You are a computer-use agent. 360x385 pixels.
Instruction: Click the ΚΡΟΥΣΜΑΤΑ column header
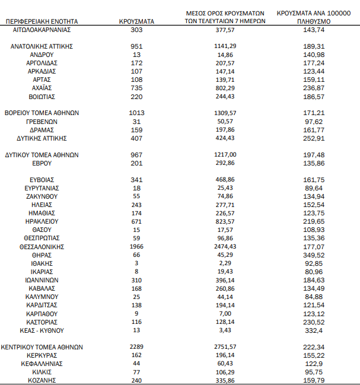coord(136,21)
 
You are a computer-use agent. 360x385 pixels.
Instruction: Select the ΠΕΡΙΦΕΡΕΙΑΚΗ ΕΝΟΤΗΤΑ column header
coord(42,21)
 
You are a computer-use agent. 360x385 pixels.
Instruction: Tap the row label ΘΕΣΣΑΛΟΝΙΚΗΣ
coord(42,246)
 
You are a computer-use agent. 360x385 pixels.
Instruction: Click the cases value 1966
coord(136,246)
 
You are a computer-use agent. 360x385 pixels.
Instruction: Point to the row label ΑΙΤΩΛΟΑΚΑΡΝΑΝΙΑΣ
coord(42,28)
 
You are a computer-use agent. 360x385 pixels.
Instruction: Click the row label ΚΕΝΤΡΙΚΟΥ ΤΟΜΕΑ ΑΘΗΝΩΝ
coord(42,347)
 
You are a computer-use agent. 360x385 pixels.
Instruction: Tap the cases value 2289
coord(136,347)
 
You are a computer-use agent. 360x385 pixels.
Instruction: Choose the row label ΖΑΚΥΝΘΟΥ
coord(42,196)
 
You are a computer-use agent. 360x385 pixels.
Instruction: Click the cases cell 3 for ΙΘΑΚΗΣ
coord(136,263)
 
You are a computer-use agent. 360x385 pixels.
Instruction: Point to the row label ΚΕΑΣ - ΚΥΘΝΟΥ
coord(42,330)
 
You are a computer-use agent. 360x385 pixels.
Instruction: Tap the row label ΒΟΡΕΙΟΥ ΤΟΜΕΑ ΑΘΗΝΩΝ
coord(42,112)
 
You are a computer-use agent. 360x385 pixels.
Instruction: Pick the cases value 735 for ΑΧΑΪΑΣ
coord(136,87)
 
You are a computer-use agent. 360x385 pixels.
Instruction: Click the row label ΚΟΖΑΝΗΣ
coord(42,380)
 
